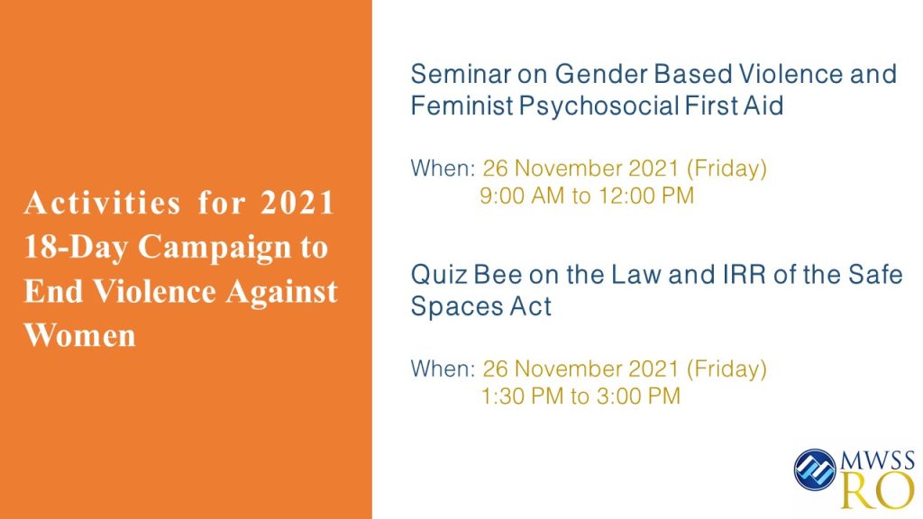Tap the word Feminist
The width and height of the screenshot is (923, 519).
(462, 106)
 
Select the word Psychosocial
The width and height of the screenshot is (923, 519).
(599, 107)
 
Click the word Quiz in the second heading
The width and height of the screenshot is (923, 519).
(439, 275)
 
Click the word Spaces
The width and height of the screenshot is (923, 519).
(456, 307)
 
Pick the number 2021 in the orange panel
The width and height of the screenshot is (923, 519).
(297, 203)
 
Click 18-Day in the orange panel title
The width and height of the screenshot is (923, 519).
(76, 247)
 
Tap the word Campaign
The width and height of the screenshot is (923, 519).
(215, 248)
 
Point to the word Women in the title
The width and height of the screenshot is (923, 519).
(80, 335)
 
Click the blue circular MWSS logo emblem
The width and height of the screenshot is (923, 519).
(815, 469)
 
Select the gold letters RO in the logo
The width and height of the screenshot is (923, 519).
(878, 490)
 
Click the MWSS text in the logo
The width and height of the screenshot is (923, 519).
(878, 460)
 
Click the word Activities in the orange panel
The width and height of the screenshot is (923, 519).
(103, 203)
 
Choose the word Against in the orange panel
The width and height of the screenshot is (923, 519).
(281, 293)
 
